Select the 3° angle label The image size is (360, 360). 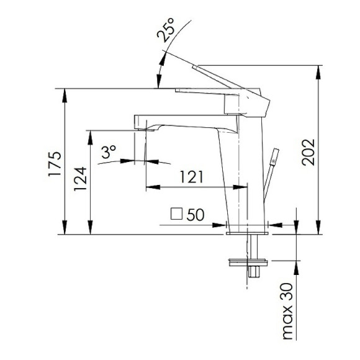click(109, 151)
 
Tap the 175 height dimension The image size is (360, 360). click(55, 163)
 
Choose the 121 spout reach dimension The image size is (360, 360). click(192, 177)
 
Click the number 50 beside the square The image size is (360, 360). click(195, 215)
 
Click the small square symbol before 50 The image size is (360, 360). click(177, 215)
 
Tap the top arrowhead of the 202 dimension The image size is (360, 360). click(319, 68)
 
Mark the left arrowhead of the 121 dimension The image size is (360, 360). click(149, 186)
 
